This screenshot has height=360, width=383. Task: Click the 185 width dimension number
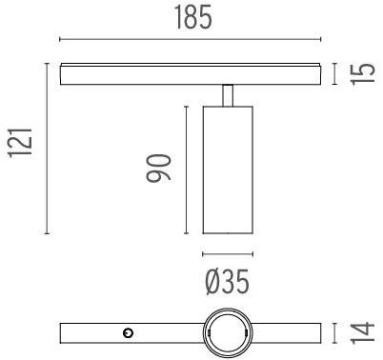(191, 18)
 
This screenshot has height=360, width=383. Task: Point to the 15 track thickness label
(359, 74)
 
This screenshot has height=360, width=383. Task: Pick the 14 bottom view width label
(360, 332)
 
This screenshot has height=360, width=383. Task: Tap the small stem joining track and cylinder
(228, 94)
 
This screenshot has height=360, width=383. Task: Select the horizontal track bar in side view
(191, 73)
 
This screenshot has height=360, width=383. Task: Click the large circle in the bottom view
(228, 332)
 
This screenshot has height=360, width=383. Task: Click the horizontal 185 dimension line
(191, 40)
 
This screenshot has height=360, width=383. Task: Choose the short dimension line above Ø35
(228, 254)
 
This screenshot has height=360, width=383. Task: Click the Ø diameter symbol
(212, 282)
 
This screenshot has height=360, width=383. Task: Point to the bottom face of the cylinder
(228, 233)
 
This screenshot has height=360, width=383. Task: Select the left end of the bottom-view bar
(63, 332)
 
